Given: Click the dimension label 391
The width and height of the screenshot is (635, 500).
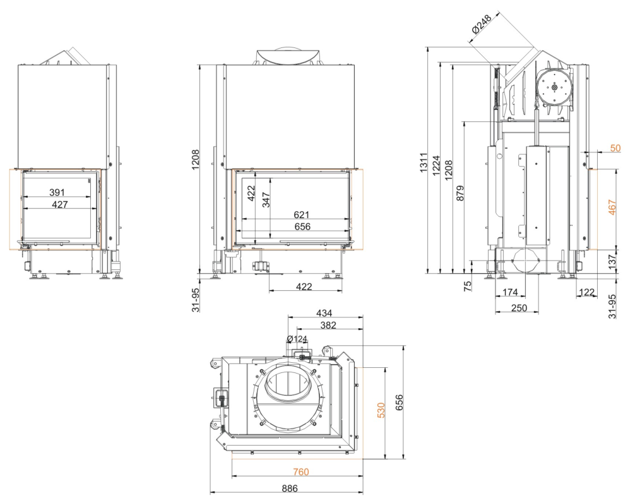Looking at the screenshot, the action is [x=57, y=192].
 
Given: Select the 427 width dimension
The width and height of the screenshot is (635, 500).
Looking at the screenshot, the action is [x=60, y=204].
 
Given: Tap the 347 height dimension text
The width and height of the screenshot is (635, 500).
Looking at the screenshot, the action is [x=266, y=200].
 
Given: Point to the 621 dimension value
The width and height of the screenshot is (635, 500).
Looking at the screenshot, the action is [x=301, y=214].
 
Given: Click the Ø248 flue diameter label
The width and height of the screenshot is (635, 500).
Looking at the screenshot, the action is [x=482, y=23].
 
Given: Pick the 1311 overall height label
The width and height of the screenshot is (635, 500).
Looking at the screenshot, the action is [x=424, y=162].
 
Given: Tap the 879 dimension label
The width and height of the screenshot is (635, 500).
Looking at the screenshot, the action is [x=460, y=193].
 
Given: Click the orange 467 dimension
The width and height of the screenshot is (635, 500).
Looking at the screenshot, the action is [x=612, y=207].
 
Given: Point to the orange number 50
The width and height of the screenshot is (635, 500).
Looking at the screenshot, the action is [x=615, y=148].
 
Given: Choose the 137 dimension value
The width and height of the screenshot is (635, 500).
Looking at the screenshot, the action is [x=612, y=260].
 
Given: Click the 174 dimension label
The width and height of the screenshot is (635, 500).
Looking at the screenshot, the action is [x=510, y=292].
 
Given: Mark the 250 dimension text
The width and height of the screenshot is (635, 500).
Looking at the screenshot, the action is [x=519, y=308].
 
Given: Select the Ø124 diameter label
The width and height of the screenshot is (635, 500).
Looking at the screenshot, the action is [x=297, y=339].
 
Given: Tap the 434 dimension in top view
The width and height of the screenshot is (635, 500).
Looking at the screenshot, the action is [x=324, y=313].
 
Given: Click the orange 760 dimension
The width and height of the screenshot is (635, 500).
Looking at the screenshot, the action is [x=301, y=472].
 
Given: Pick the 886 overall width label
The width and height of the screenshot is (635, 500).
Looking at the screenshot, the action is [x=290, y=488].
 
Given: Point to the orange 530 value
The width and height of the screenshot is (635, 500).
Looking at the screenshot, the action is [x=381, y=410].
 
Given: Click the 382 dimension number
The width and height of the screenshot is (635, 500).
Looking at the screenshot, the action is [x=328, y=326].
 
